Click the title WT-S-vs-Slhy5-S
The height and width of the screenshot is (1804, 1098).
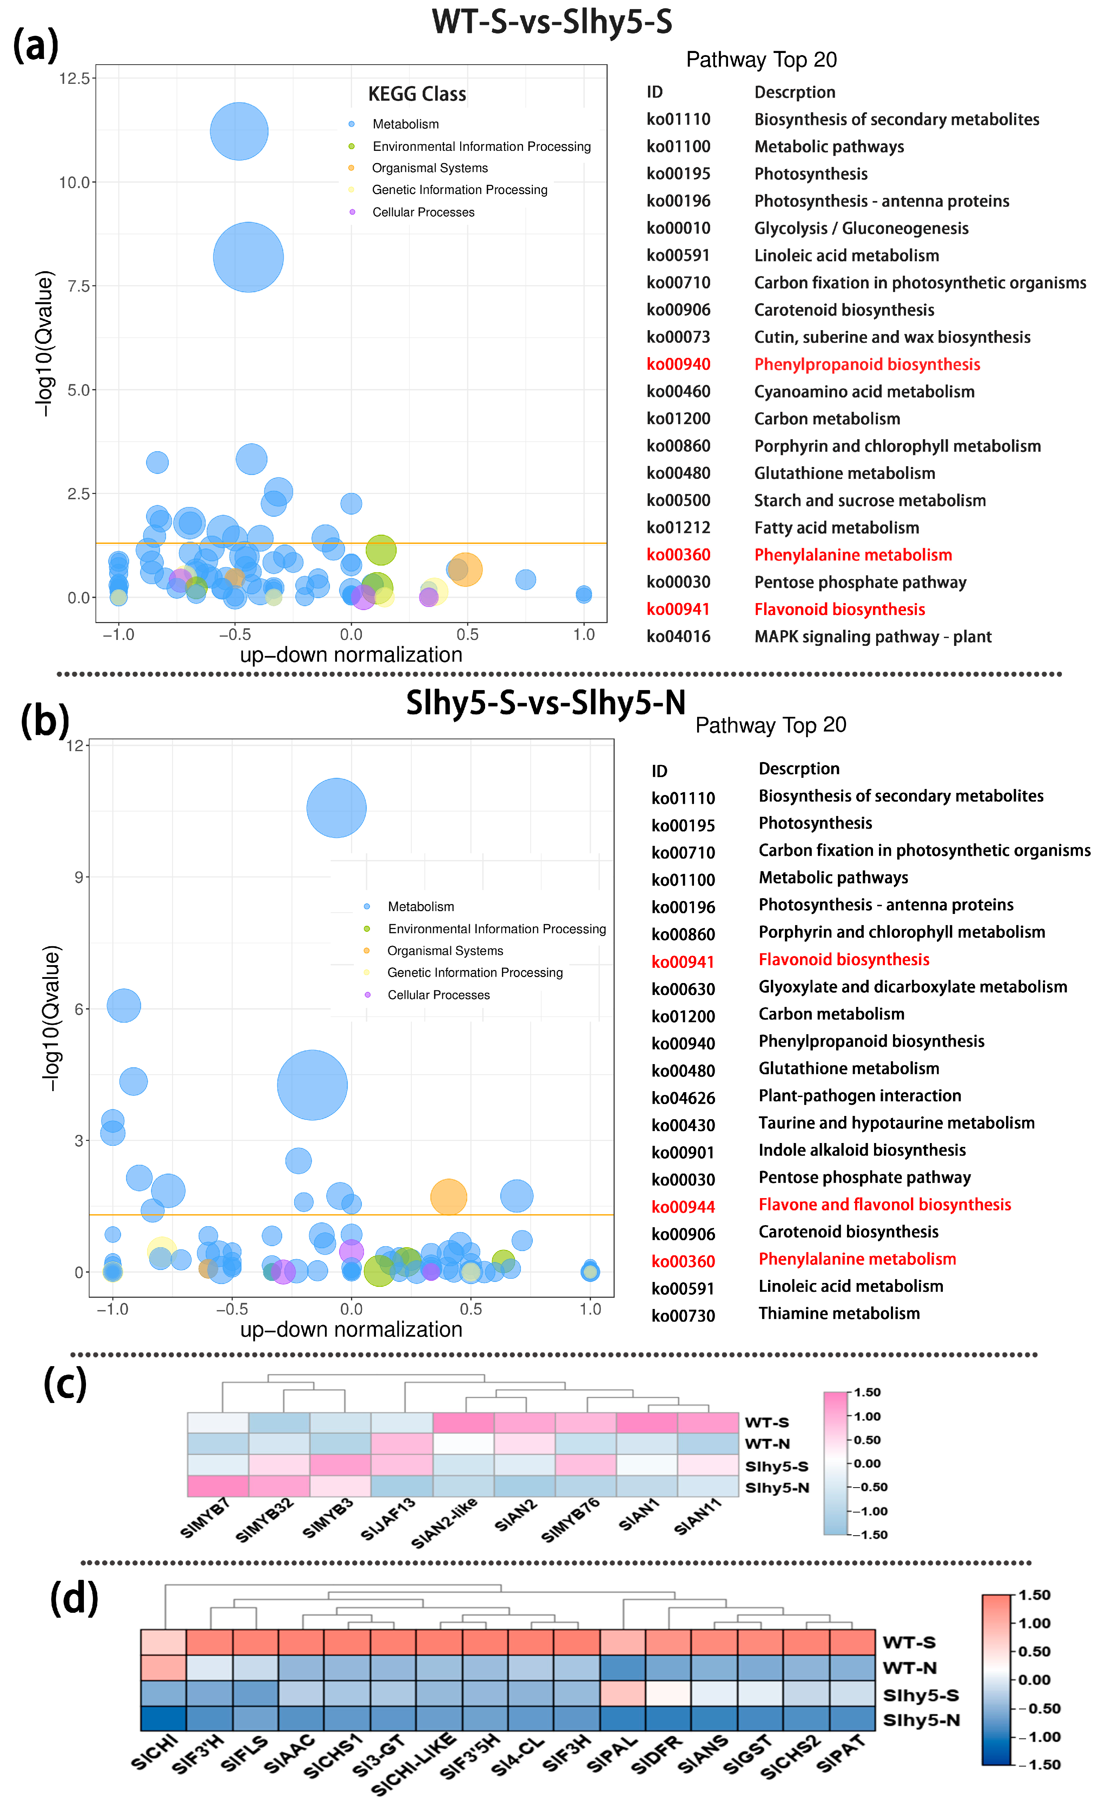(551, 22)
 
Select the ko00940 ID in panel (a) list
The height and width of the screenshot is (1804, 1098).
(678, 365)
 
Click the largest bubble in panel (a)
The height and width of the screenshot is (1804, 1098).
(248, 257)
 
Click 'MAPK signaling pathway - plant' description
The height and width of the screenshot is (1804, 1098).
(872, 637)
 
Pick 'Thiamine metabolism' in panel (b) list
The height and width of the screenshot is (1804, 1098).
(839, 1314)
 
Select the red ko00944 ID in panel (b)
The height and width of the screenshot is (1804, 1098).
(683, 1207)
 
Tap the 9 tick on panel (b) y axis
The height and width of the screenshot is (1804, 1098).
(78, 877)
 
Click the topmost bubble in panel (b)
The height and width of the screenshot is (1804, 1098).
(336, 808)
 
